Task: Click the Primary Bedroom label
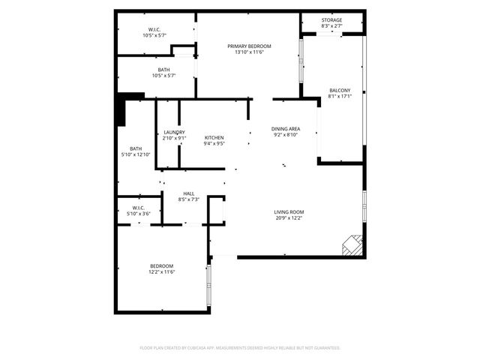[249, 46]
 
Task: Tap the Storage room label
[331, 20]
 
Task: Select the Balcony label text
[340, 91]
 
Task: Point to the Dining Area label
[285, 129]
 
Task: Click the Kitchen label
[214, 138]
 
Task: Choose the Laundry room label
[174, 133]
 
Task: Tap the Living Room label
[289, 212]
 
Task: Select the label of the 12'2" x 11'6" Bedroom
[161, 266]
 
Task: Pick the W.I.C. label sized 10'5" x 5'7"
[154, 30]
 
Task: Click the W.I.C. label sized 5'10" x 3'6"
[139, 208]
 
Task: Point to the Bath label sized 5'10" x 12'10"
[136, 148]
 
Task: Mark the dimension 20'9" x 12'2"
[289, 218]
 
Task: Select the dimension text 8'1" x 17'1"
[340, 97]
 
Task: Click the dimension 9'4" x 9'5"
[214, 144]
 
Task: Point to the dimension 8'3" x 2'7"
[331, 26]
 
